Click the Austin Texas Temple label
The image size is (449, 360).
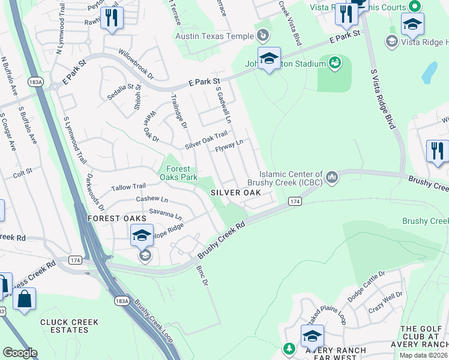tap(214, 37)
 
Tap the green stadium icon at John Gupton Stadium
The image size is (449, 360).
tap(335, 61)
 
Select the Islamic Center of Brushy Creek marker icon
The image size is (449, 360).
tap(331, 177)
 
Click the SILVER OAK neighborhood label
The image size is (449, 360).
tap(235, 193)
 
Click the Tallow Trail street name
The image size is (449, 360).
tap(128, 187)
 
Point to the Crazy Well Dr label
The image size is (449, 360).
tap(386, 300)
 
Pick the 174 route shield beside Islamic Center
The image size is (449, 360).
tap(294, 200)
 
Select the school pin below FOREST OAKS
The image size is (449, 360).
tap(142, 236)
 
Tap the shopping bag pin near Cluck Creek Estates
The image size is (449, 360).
tap(24, 300)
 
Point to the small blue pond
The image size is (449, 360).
tap(430, 73)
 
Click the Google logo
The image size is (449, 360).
tap(20, 353)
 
